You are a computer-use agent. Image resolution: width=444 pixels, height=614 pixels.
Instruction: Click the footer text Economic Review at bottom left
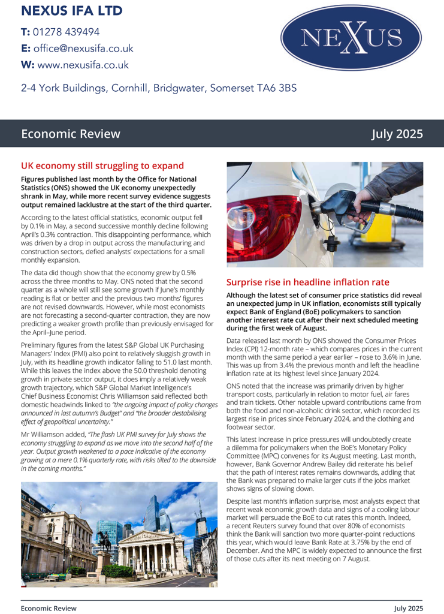pos(49,608)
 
